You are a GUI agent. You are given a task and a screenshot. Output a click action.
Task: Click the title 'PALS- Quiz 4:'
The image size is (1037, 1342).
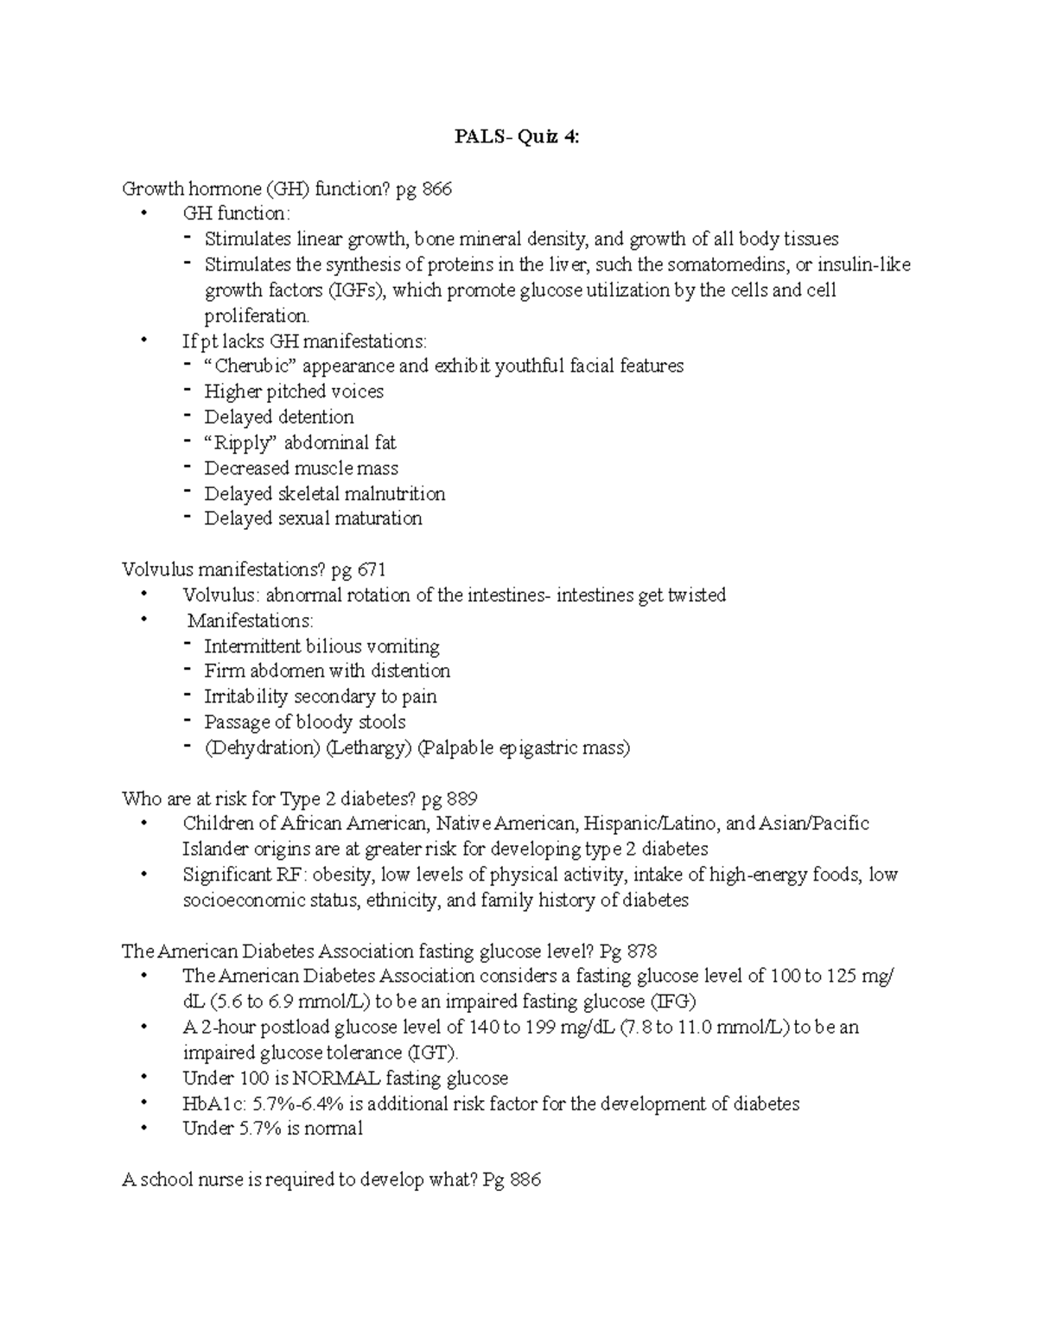click(518, 137)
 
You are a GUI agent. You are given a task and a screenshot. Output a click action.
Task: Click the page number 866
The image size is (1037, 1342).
click(436, 188)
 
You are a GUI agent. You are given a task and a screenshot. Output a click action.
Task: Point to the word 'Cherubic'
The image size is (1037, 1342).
click(255, 366)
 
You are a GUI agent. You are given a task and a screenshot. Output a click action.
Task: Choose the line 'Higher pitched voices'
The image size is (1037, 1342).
click(294, 391)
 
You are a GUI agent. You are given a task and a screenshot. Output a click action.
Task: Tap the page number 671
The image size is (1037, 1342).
click(371, 569)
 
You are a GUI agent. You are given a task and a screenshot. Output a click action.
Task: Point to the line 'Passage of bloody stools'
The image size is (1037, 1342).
click(304, 722)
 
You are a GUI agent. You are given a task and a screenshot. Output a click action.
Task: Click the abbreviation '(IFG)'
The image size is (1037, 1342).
click(673, 1002)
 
